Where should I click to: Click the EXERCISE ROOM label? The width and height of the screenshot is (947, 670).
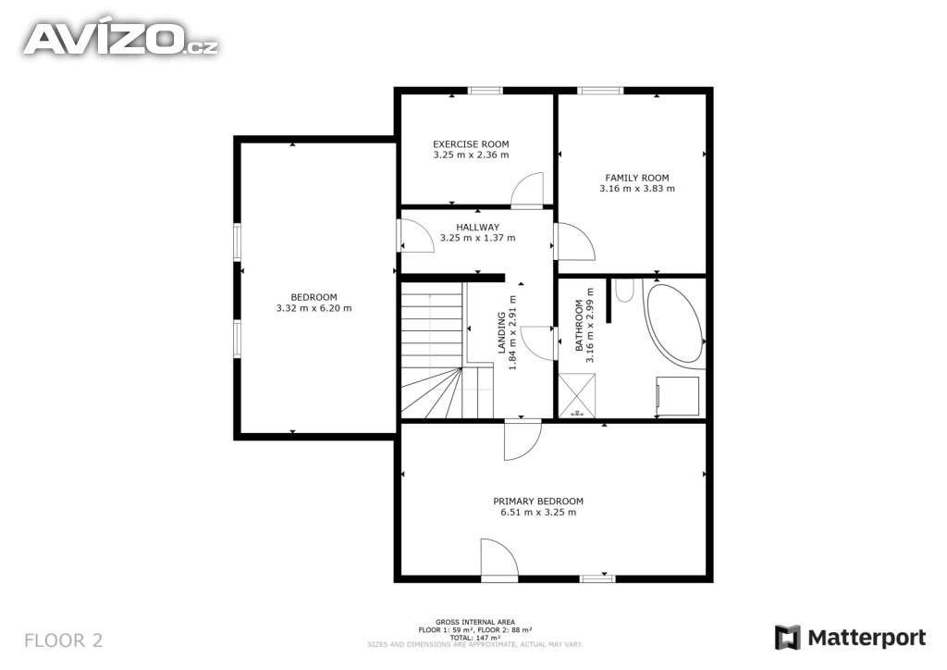[x=471, y=143]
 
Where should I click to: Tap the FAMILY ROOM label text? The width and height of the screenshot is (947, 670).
[x=636, y=178]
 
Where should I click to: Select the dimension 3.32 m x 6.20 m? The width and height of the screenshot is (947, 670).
[x=314, y=308]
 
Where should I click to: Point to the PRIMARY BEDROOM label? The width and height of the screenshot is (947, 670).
[x=538, y=501]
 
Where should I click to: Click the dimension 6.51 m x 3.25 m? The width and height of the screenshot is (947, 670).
[x=538, y=513]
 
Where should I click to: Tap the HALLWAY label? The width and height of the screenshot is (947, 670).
[x=477, y=227]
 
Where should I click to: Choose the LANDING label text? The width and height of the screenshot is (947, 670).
[x=501, y=332]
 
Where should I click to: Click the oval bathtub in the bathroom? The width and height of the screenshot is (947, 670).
[x=674, y=323]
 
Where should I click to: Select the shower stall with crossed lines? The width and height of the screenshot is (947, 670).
[x=577, y=396]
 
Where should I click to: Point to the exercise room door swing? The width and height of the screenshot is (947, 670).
[x=527, y=189]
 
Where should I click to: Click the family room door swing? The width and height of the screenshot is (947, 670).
[x=575, y=242]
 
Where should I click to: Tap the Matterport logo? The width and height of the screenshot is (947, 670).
[x=851, y=638]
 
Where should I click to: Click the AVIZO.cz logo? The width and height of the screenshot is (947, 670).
[x=121, y=39]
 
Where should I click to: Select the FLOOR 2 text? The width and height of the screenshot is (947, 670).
[x=64, y=640]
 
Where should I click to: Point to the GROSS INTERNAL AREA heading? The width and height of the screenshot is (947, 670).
[x=475, y=622]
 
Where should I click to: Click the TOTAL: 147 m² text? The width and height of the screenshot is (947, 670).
[x=475, y=638]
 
